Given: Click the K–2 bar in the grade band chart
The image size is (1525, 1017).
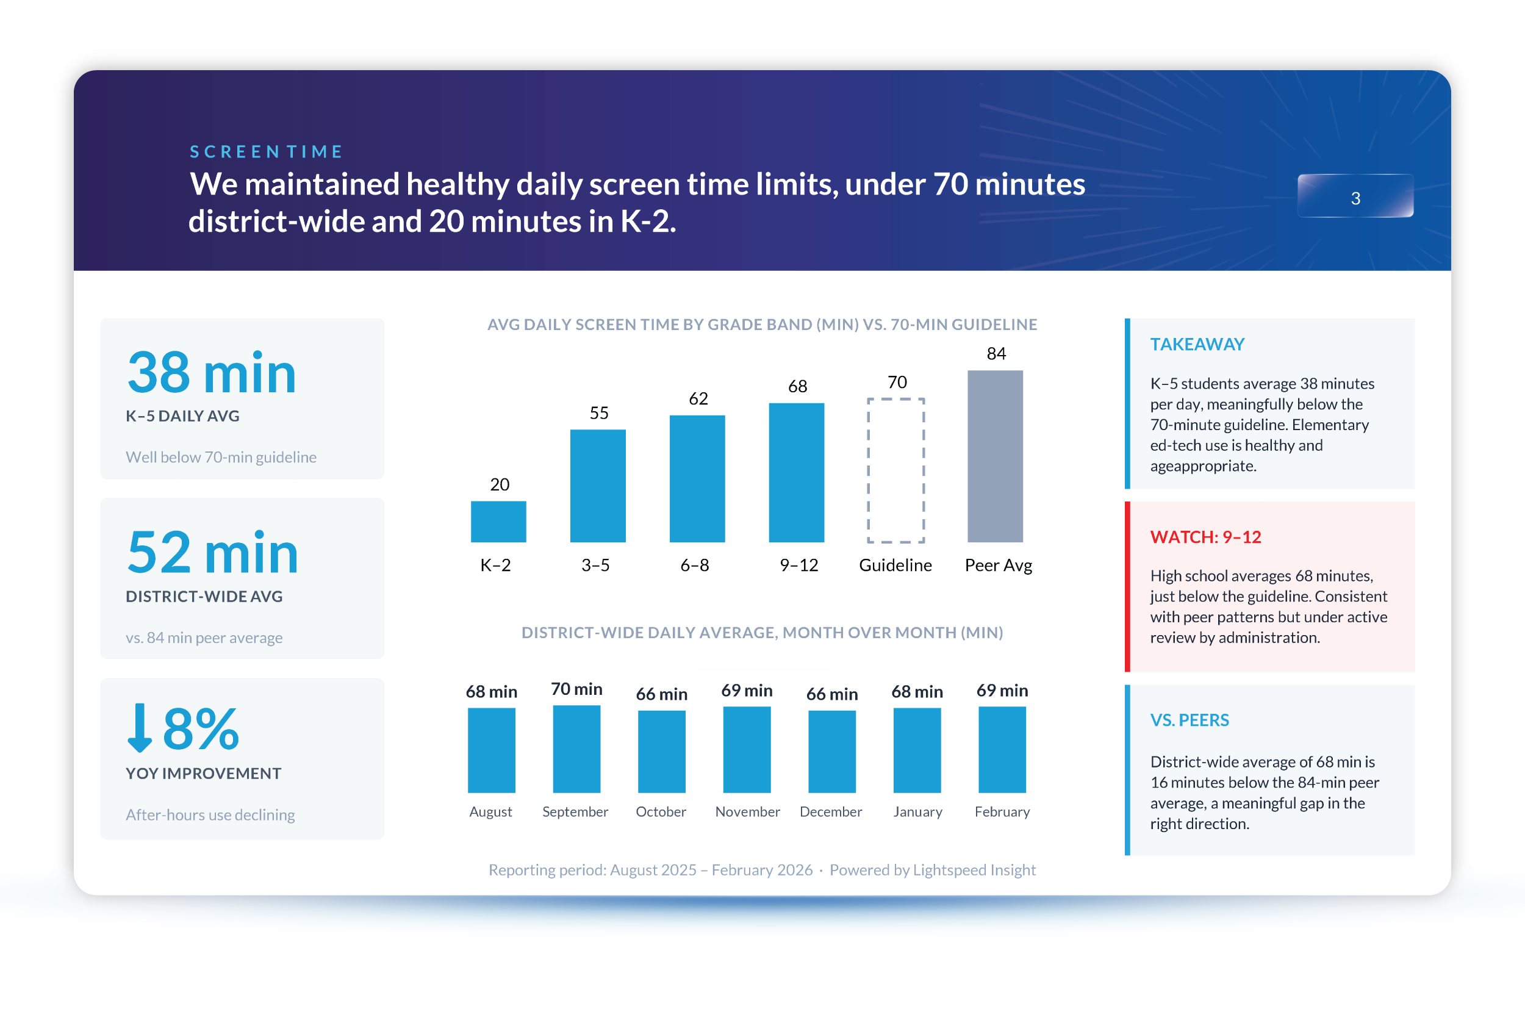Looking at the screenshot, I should (498, 522).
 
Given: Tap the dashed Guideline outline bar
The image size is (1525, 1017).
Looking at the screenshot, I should (895, 470).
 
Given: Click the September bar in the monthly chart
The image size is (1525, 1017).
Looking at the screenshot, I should (576, 749).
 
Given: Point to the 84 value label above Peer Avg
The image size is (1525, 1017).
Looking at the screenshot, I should (996, 353).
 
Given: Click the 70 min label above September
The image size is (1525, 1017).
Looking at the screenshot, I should (576, 689).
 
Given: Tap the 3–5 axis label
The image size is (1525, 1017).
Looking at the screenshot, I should (595, 565).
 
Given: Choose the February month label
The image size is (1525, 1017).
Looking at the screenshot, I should (1002, 811).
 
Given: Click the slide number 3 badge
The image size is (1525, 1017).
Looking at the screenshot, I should (1355, 196).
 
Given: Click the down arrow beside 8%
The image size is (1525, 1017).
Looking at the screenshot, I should (140, 728).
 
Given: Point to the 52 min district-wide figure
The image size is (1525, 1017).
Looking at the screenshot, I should (212, 553).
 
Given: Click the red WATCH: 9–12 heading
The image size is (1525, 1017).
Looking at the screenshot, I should (1205, 537).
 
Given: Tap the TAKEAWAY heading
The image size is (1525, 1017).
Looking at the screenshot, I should (1197, 345).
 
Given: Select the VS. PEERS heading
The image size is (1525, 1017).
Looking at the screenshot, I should (1189, 720).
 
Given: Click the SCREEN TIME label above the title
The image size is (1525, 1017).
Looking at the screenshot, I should (266, 152).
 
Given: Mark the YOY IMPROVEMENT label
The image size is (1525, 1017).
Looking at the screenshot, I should (204, 773).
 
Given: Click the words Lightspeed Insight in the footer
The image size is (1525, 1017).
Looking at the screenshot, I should (974, 870).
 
